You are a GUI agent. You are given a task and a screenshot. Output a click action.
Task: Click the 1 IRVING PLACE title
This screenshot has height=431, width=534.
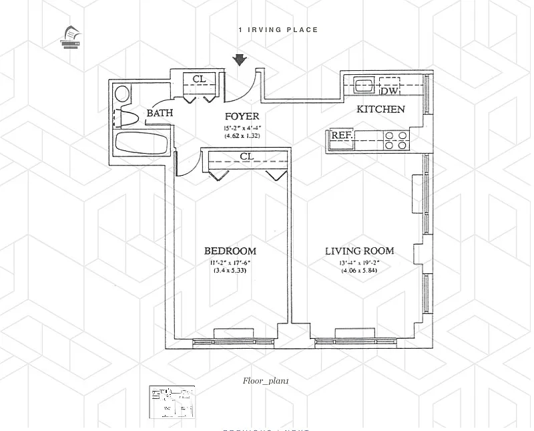click(278, 29)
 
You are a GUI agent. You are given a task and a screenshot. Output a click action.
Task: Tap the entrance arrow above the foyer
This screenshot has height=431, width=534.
click(240, 61)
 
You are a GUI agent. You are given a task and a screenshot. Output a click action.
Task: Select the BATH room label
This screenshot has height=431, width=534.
click(160, 113)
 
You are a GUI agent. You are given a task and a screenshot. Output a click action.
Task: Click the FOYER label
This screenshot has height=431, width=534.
click(241, 117)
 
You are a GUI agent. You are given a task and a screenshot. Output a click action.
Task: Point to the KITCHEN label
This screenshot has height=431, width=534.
click(380, 109)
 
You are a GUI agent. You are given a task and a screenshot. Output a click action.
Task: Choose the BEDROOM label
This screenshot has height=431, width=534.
click(230, 251)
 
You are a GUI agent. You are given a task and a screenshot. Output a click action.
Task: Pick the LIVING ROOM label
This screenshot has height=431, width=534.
click(359, 251)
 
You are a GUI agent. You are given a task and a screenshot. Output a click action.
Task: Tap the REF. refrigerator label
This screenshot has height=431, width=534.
click(342, 136)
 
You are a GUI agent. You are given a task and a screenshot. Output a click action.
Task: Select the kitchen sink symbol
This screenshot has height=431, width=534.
click(364, 86)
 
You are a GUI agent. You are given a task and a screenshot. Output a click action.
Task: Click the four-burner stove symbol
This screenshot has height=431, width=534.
click(396, 140)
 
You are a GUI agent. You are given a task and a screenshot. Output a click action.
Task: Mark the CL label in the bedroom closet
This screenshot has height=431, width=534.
click(246, 157)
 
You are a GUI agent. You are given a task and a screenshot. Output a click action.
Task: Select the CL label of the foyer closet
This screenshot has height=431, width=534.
click(199, 80)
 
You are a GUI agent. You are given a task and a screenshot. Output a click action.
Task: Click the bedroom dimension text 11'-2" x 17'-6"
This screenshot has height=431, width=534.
click(230, 262)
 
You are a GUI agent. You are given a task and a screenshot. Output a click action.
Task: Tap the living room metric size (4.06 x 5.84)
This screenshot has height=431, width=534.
click(359, 271)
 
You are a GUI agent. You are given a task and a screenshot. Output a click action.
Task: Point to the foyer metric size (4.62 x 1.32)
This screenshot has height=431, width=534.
click(241, 136)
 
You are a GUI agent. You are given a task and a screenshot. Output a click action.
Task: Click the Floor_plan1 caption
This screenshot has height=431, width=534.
click(266, 380)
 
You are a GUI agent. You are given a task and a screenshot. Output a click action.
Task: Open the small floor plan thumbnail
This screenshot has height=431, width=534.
click(172, 402)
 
